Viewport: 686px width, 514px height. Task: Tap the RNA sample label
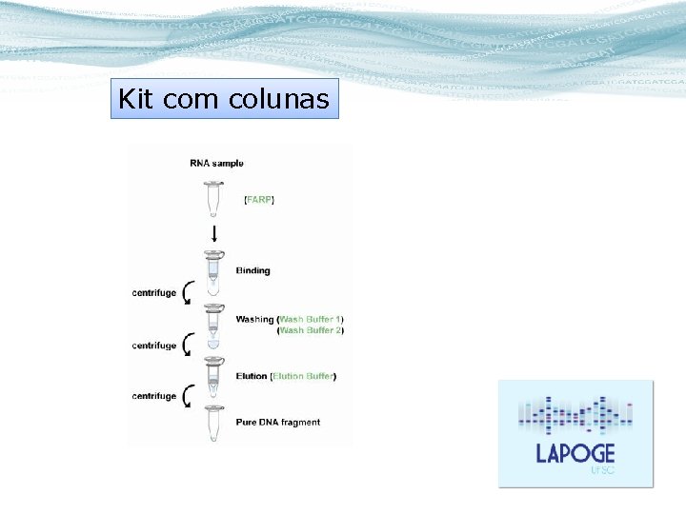[216, 164]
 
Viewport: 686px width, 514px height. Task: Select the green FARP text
[258, 200]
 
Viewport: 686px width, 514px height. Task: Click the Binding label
[253, 270]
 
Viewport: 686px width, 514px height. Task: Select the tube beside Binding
[213, 270]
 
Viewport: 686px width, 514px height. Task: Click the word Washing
[254, 319]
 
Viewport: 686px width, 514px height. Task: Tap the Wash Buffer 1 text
[311, 319]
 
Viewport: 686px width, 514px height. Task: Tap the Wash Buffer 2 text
[311, 330]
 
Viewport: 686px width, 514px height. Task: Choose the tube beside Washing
[213, 325]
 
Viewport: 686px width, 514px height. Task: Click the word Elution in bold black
[252, 376]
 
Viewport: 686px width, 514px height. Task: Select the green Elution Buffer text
[303, 376]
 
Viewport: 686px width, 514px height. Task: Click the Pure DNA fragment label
[278, 422]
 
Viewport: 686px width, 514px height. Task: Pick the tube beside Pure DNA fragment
[213, 423]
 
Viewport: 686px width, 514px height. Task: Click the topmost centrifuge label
[153, 293]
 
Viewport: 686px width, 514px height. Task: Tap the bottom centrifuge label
[153, 396]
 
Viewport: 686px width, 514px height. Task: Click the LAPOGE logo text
[575, 453]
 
